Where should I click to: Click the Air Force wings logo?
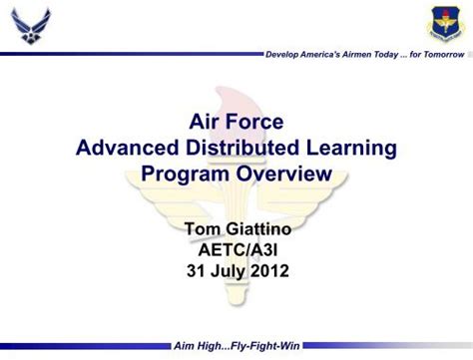30,26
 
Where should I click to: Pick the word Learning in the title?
355,149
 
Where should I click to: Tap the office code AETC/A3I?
236,249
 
